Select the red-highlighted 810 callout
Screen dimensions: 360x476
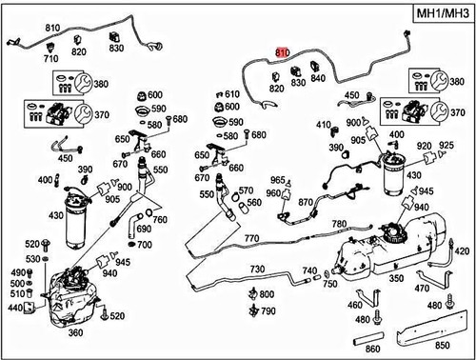point(281,53)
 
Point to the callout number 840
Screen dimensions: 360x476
point(318,79)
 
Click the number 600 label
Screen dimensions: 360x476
point(154,94)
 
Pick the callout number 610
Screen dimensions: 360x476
point(232,94)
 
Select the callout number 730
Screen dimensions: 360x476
point(255,270)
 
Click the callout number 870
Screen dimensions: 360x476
point(306,203)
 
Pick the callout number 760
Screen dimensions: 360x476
point(160,221)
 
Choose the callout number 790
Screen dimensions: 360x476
point(268,310)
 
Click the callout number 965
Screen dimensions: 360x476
point(278,179)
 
